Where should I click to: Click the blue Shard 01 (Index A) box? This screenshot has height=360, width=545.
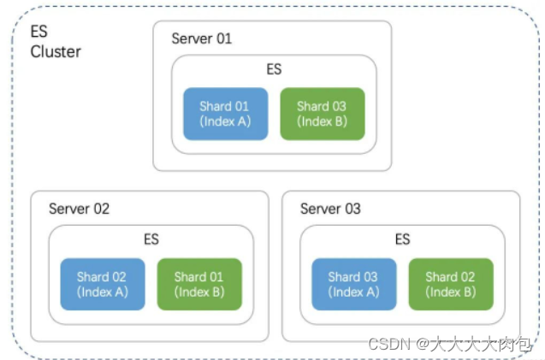(224, 114)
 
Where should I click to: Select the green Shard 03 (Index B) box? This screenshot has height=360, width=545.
(322, 114)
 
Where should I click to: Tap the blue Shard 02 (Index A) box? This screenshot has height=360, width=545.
(102, 284)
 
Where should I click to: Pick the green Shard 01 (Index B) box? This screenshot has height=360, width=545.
(199, 284)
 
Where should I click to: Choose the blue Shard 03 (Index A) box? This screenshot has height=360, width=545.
(353, 284)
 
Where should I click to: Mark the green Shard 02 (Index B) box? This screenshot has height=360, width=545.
(451, 284)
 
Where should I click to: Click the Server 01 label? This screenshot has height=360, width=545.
(202, 38)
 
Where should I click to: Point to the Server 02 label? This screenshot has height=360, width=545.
(79, 209)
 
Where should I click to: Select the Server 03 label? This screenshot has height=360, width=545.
(330, 209)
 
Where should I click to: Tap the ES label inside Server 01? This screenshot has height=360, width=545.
(274, 69)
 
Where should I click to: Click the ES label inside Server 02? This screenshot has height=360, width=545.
(151, 239)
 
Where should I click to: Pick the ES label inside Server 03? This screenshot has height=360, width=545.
(402, 239)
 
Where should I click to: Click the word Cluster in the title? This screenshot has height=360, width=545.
(56, 51)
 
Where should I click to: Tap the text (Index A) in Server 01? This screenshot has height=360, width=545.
(224, 121)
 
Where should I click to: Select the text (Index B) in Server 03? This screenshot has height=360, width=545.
(451, 292)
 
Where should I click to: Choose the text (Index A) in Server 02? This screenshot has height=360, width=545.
(102, 292)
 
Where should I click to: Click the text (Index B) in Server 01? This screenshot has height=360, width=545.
(322, 121)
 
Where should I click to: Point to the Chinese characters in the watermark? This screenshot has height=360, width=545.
(483, 344)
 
